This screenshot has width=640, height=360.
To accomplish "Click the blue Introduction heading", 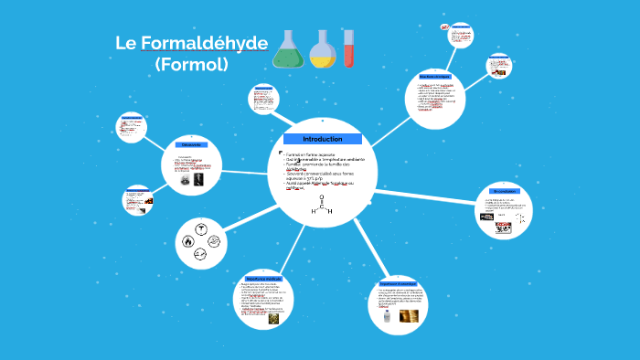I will (322, 139).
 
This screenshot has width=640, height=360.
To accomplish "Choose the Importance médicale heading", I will (263, 278).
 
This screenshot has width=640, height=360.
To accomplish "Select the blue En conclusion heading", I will (504, 191).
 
